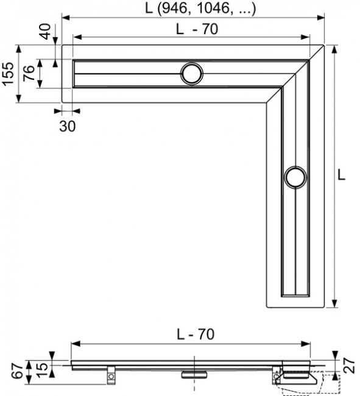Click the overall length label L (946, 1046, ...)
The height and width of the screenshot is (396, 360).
200,9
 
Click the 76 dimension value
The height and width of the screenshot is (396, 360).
29,74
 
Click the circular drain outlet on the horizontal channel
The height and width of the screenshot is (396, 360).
191,73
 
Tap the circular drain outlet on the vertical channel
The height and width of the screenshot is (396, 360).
295,177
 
